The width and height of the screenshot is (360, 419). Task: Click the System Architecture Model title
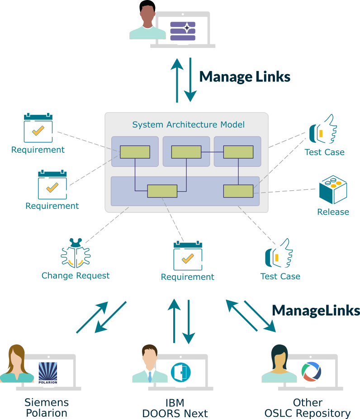(188, 124)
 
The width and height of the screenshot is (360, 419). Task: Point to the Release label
(333, 212)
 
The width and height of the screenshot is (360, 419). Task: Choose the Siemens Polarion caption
(47, 407)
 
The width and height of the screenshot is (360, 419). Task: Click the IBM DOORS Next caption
(175, 408)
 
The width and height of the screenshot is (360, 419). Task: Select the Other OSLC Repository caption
(308, 408)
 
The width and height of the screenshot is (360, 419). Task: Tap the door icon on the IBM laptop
(181, 372)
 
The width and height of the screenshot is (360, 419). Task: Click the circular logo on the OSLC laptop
(312, 372)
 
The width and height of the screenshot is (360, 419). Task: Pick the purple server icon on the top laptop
(183, 31)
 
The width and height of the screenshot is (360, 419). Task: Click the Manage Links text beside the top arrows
(245, 76)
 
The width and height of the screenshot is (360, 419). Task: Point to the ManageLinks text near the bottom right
(316, 310)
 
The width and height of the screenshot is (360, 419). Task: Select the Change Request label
(76, 276)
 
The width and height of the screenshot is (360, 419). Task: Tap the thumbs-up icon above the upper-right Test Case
(323, 129)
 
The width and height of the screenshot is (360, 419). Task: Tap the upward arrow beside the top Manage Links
(177, 80)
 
